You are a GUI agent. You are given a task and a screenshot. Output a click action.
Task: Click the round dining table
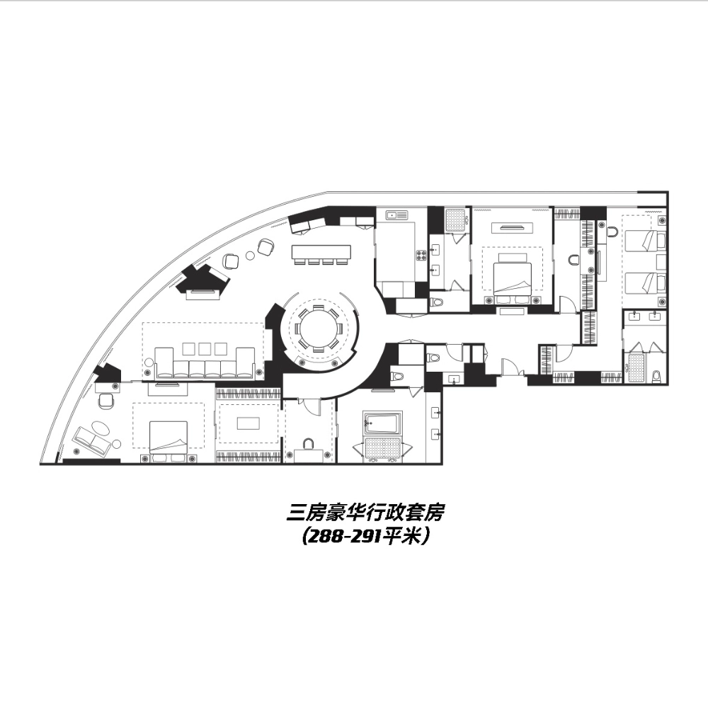(x=319, y=329)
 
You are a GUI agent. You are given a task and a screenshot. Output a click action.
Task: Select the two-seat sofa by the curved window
(x=93, y=442)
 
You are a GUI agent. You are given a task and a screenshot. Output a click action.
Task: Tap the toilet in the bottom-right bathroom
(x=658, y=375)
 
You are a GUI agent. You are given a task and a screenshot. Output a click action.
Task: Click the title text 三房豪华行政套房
(x=365, y=512)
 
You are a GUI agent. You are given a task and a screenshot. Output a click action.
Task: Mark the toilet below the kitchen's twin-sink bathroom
(x=438, y=302)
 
